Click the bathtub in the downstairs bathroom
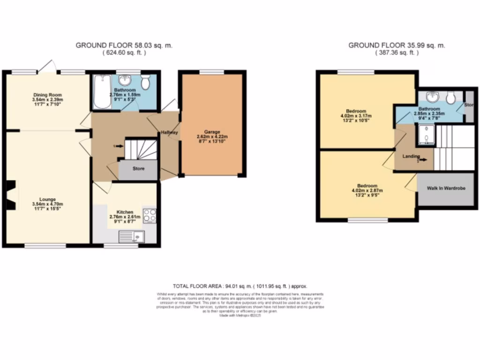99,92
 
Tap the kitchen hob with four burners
149,215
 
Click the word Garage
211,132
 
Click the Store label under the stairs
138,169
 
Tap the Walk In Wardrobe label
446,188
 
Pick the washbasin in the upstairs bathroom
430,97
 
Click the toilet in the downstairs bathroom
145,82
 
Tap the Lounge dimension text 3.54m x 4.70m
47,204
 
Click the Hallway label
169,133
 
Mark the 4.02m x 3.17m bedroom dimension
356,116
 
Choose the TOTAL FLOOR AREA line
240,285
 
